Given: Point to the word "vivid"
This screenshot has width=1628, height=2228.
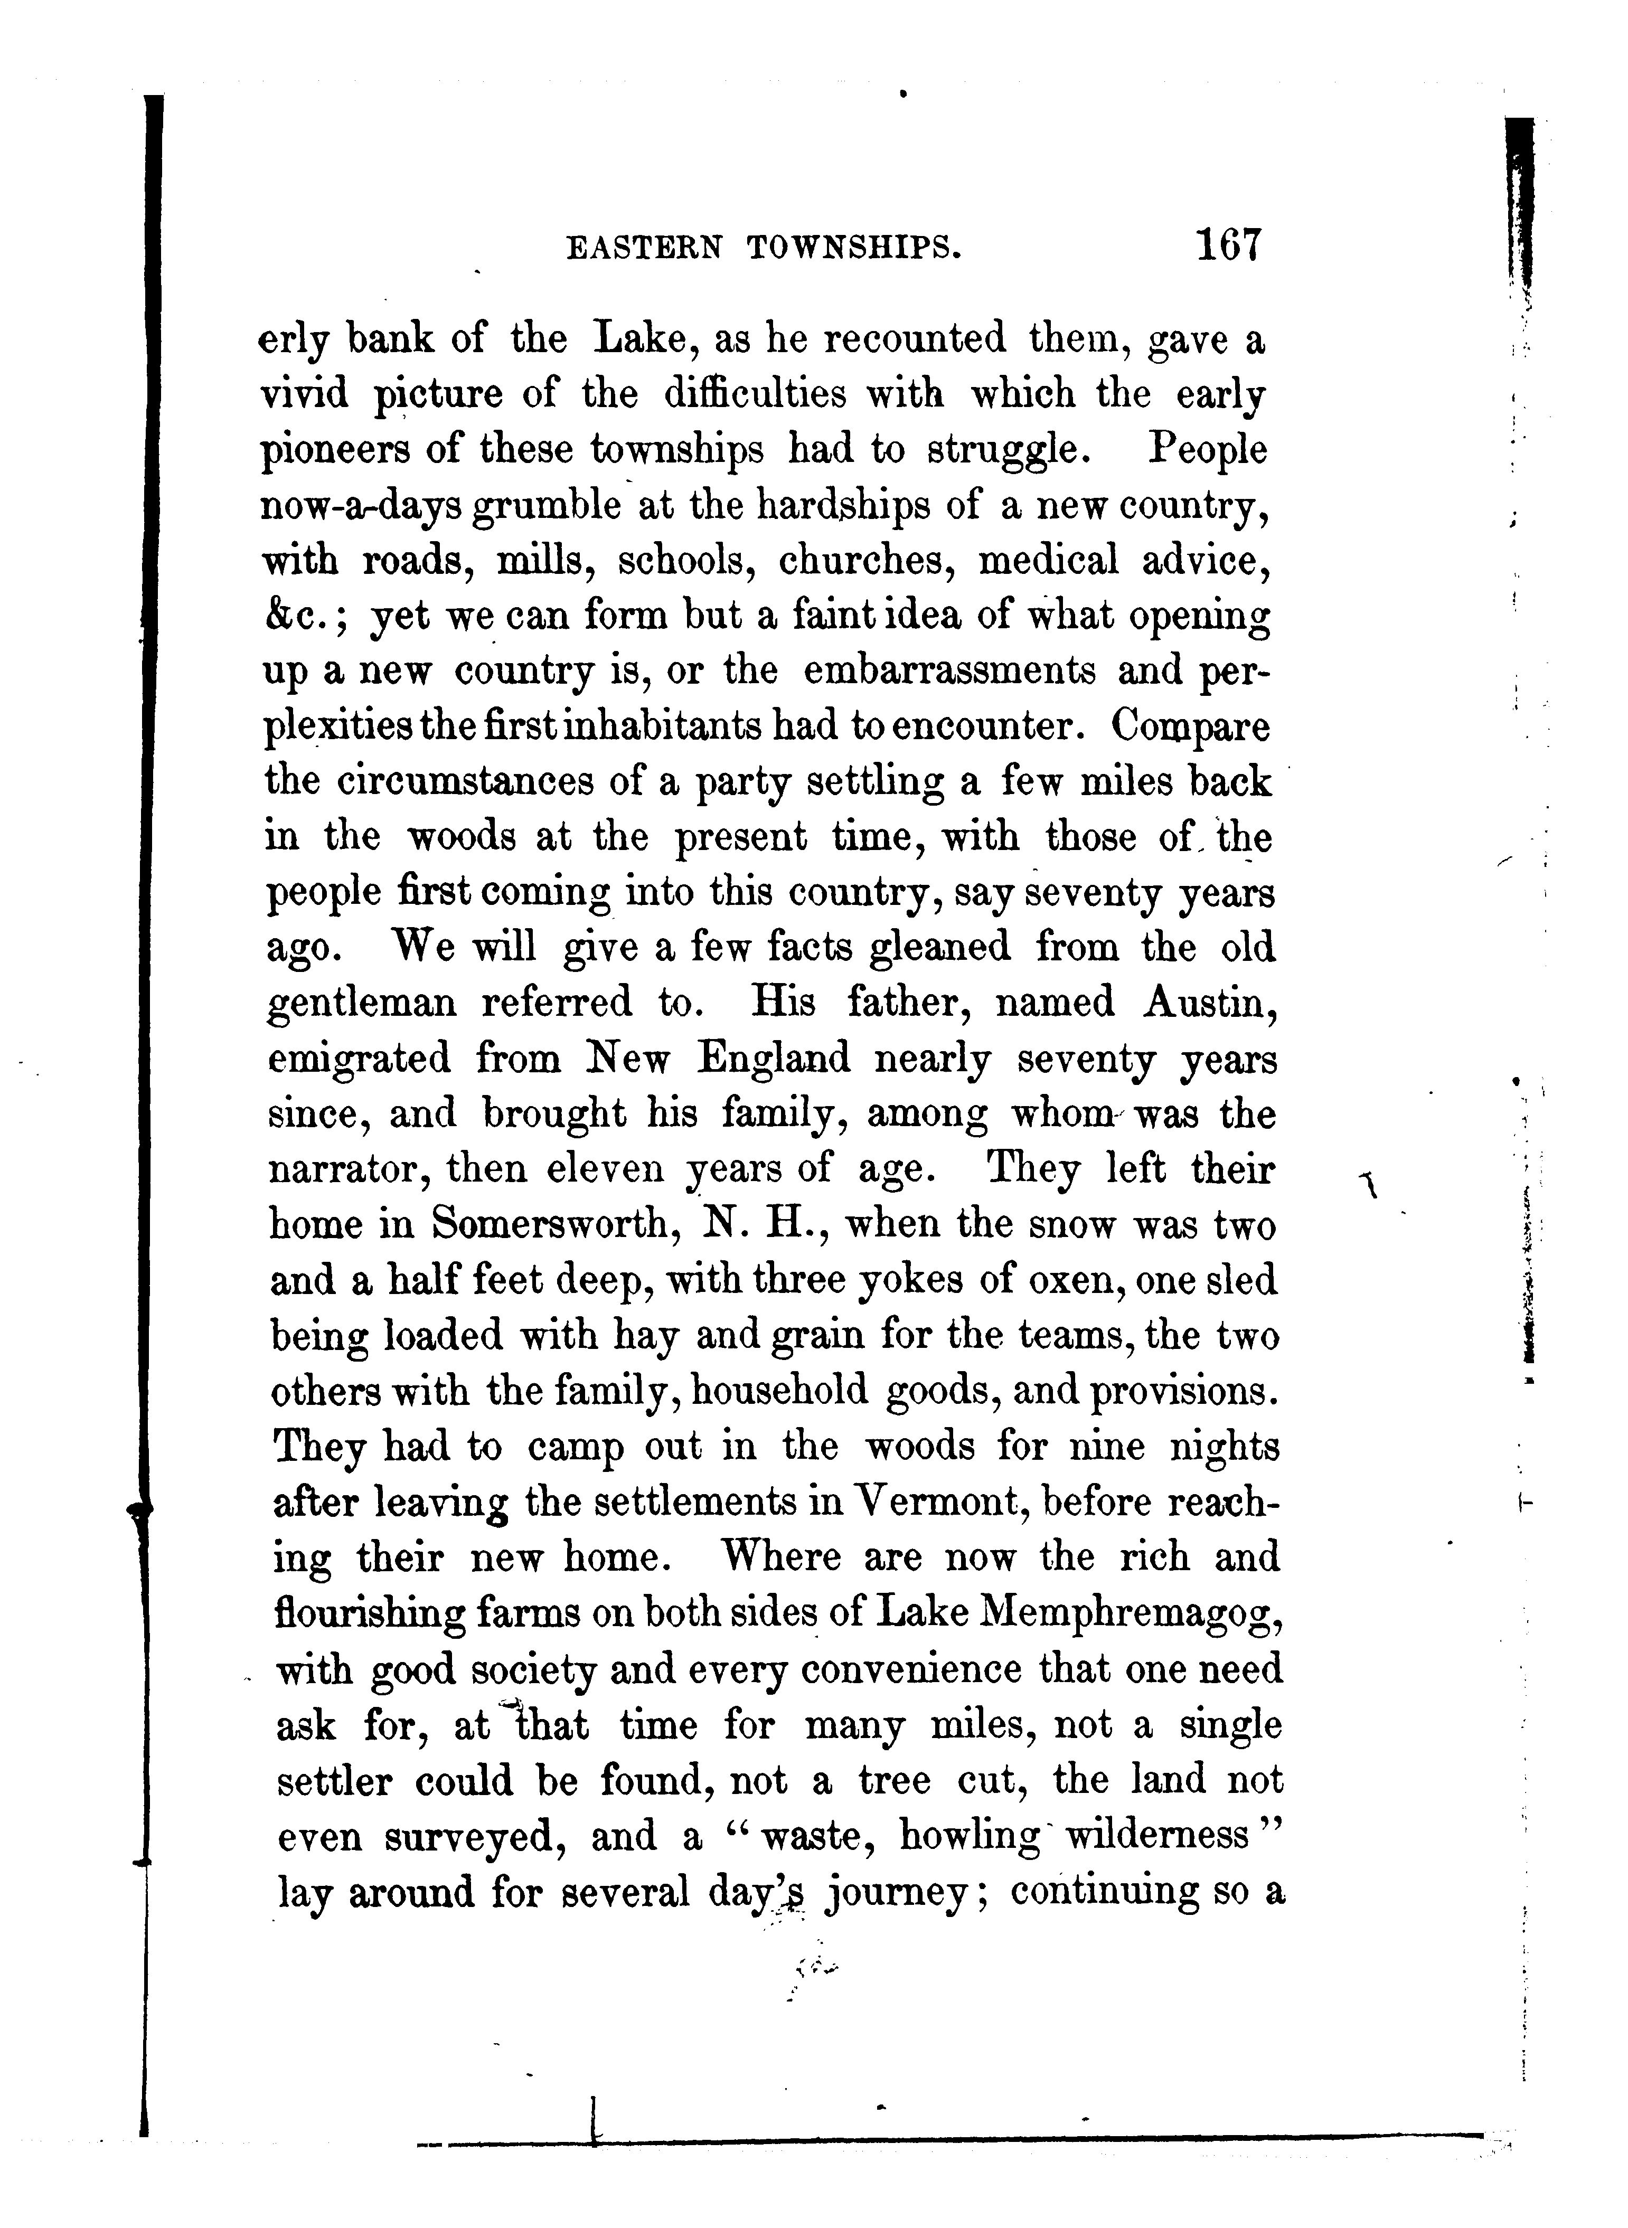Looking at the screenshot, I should (305, 394).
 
